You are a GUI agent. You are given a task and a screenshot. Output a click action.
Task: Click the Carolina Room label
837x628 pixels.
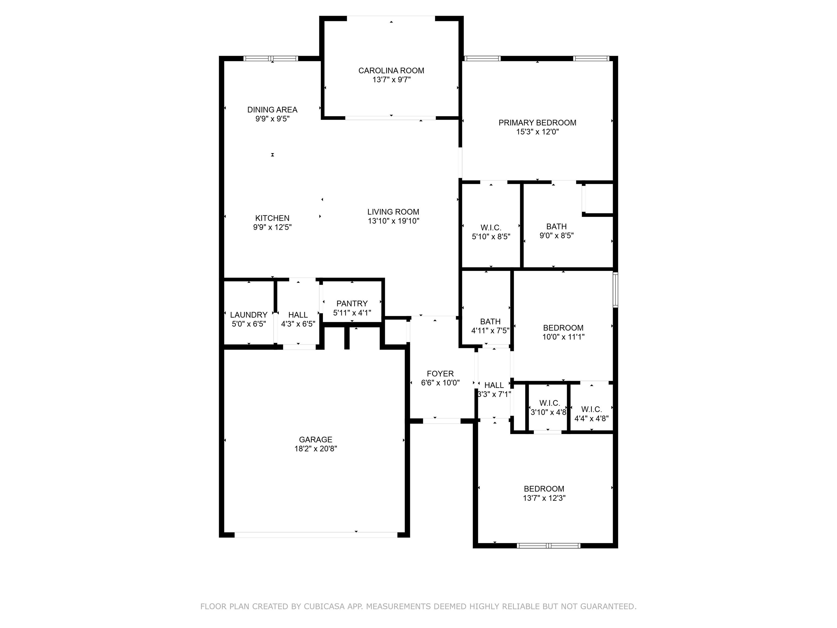[391, 70]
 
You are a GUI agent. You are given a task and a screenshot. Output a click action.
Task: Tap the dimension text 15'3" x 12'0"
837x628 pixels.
[537, 132]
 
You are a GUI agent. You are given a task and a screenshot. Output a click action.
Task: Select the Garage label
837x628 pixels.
[315, 439]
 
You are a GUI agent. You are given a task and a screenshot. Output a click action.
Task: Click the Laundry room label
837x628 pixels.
[248, 315]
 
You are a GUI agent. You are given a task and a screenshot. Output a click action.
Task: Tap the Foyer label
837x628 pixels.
[440, 374]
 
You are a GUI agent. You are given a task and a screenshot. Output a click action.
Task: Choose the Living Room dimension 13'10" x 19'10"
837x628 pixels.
[393, 221]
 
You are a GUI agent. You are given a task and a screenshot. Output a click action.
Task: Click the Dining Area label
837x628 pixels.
[272, 110]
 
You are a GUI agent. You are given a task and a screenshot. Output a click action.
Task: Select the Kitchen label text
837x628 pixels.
[272, 218]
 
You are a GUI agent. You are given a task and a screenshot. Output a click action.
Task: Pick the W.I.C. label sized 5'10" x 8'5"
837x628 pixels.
[491, 228]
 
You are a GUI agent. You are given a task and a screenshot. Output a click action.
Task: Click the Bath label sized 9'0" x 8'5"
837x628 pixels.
[556, 226]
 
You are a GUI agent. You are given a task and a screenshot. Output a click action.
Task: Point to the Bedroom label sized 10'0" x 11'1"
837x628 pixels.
[563, 328]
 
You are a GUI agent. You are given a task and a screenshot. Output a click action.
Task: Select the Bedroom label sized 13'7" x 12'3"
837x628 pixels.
[544, 489]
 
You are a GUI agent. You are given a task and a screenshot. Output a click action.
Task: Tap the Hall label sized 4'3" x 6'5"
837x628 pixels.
[298, 315]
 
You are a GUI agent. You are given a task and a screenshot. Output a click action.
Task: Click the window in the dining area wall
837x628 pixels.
[271, 59]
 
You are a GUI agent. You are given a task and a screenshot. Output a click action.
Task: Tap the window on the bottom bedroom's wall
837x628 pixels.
[548, 545]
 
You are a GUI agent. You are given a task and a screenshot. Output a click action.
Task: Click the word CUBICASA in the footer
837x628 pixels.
[324, 606]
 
